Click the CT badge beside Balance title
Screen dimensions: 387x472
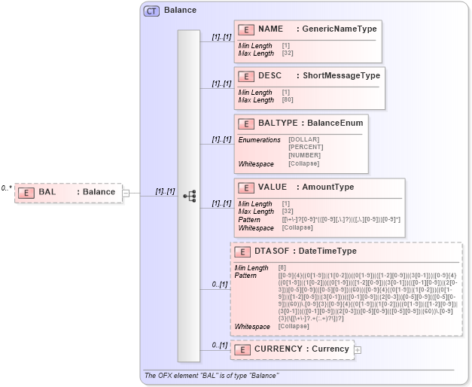[152, 11]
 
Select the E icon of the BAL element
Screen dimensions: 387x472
[26, 192]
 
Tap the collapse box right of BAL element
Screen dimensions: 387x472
[126, 193]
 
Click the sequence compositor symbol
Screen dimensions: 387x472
[190, 195]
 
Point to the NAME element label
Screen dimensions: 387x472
[270, 29]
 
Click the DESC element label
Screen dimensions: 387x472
[269, 76]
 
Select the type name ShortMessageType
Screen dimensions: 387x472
[341, 76]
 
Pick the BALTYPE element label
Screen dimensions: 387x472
[277, 123]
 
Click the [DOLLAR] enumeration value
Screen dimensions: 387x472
[304, 140]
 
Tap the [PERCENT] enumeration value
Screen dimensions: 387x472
[306, 148]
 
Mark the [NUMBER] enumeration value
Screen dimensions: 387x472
[304, 156]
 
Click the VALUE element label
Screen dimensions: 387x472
[272, 187]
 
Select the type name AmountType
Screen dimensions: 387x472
[328, 187]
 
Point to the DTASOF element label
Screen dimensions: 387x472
[271, 251]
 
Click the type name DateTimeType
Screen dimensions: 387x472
[328, 251]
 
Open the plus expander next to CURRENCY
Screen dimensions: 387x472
[358, 349]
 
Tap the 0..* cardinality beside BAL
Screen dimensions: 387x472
[7, 188]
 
